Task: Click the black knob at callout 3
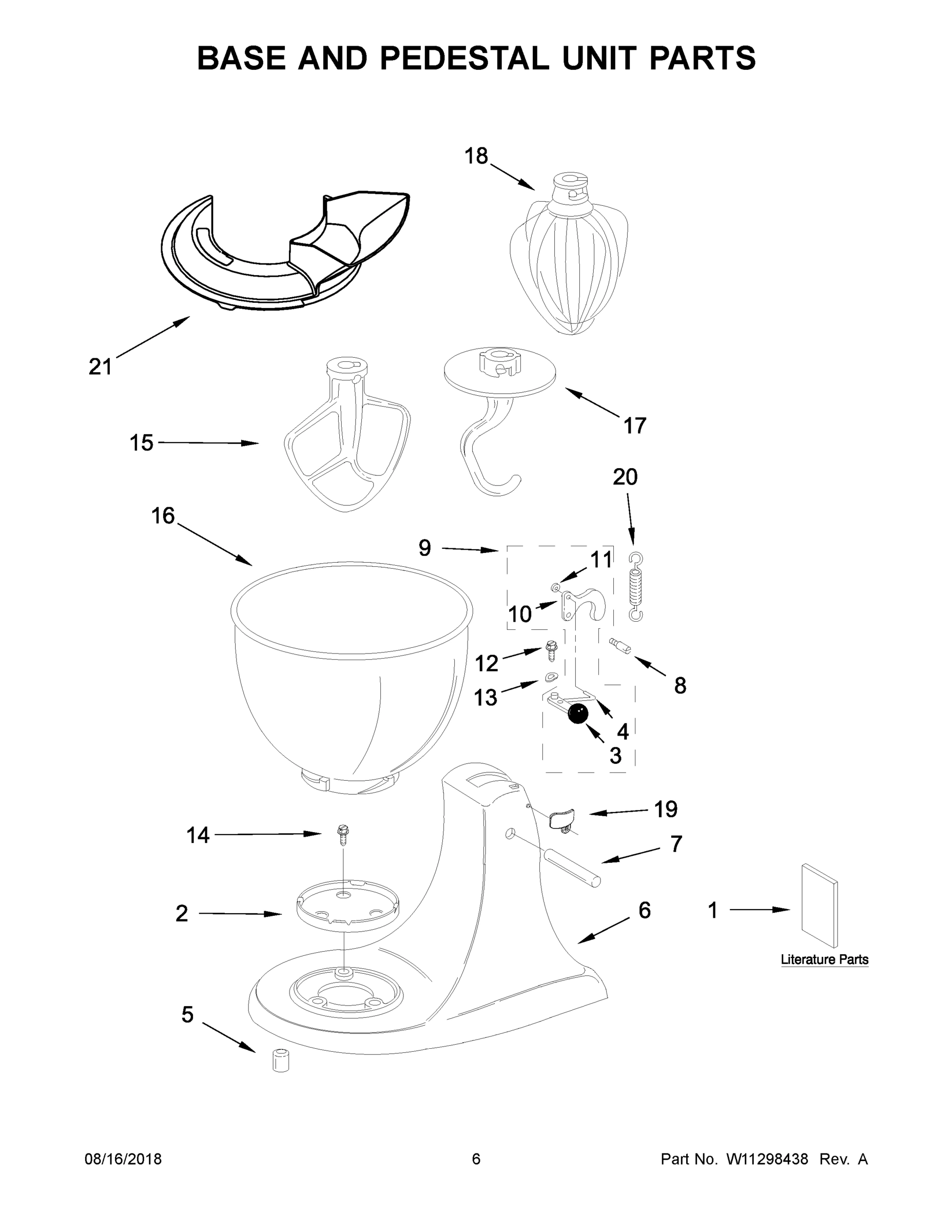[x=577, y=714]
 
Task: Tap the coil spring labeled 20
[x=635, y=587]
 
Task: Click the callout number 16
[x=163, y=515]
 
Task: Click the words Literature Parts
[x=824, y=959]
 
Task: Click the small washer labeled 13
[x=551, y=677]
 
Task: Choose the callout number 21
[x=101, y=367]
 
